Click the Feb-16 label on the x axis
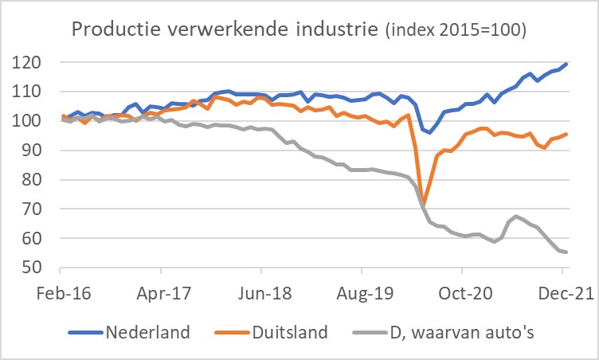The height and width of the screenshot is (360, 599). (x=64, y=293)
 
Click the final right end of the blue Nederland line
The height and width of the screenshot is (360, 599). (x=566, y=64)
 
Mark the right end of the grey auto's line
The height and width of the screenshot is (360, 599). (x=566, y=252)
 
